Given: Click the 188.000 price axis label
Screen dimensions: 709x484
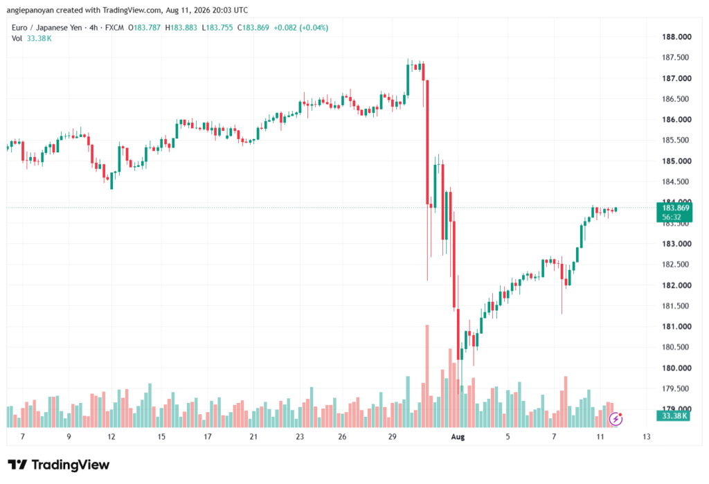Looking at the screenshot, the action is (x=676, y=37).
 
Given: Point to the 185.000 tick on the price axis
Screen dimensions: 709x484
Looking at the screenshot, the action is (x=676, y=161).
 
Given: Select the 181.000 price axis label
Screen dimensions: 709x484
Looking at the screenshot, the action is (x=676, y=327).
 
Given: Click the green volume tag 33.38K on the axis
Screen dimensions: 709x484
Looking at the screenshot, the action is (x=673, y=415).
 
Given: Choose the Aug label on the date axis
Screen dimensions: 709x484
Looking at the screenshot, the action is (x=458, y=436).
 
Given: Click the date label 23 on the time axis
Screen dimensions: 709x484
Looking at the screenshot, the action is (x=300, y=436).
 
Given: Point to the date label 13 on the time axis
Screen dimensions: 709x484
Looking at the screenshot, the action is (x=647, y=436).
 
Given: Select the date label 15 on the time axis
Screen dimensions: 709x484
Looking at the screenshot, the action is (x=161, y=436).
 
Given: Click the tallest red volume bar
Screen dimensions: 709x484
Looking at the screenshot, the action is (x=427, y=376).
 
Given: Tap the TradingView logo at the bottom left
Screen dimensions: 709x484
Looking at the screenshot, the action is (x=58, y=465).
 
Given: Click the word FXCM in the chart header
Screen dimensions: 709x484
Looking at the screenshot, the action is (x=114, y=28).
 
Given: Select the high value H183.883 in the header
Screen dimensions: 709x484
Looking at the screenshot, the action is (x=181, y=28).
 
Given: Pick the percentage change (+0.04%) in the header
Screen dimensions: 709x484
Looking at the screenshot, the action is (x=314, y=28).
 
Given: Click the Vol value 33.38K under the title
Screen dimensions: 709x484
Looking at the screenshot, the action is (x=39, y=39).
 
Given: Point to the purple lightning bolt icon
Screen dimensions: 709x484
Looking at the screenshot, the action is (x=616, y=419).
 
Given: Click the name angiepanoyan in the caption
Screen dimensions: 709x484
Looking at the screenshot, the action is (x=30, y=10).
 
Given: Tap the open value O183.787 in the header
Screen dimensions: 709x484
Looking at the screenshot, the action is (x=144, y=28).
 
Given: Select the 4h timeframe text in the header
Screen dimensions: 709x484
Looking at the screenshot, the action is (x=93, y=28).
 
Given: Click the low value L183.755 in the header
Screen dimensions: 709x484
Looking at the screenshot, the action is (x=217, y=28).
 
